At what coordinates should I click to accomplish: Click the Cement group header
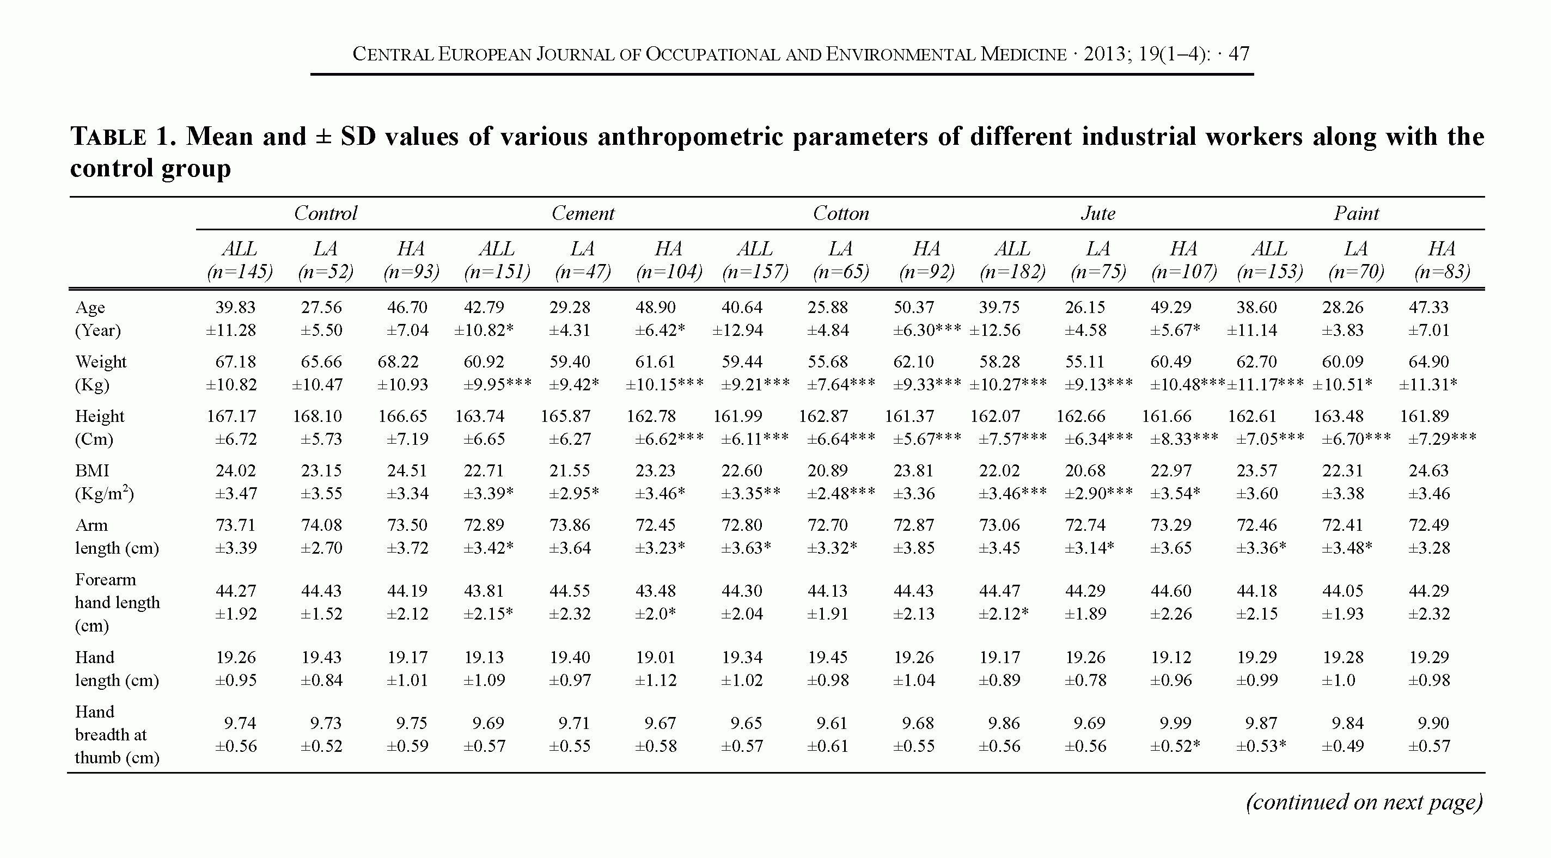tap(583, 213)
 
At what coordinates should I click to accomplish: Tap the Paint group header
tap(1356, 213)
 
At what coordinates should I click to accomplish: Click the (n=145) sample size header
tap(240, 272)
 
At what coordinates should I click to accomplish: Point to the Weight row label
tap(101, 362)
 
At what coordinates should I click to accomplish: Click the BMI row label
tap(92, 471)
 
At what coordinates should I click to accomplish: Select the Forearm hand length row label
tap(118, 602)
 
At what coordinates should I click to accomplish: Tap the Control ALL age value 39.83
tap(235, 307)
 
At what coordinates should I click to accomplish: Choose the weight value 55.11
tap(1085, 362)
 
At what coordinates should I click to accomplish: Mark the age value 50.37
tap(913, 307)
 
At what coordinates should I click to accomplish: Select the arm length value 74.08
tap(321, 525)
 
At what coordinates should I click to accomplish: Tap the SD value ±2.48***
tap(840, 494)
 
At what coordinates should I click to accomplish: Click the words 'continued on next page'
tap(1364, 802)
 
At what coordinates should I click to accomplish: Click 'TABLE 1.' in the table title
tap(124, 137)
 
